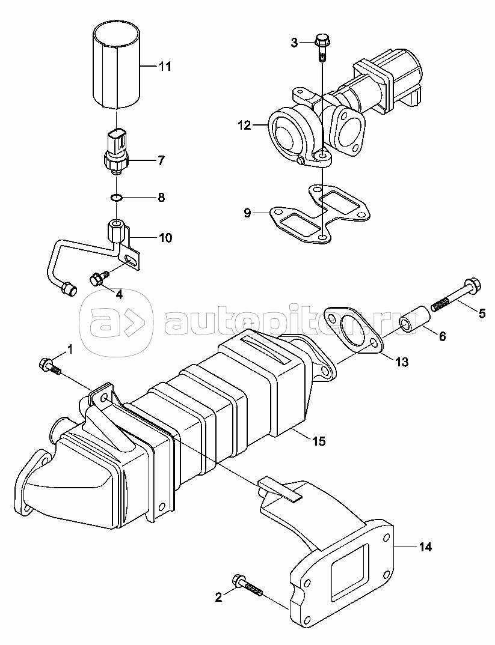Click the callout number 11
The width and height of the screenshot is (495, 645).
[164, 67]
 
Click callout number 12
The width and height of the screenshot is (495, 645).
[244, 126]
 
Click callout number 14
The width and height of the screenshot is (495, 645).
[425, 547]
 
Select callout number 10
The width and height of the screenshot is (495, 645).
[165, 238]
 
